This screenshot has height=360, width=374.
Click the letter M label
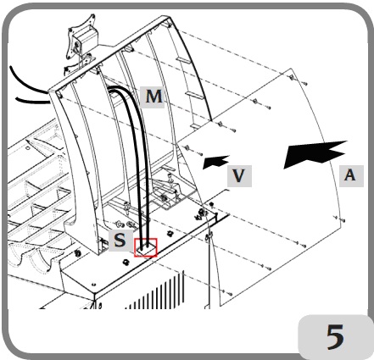click(153, 97)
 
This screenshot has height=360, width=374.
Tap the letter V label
click(239, 176)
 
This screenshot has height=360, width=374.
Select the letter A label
click(351, 176)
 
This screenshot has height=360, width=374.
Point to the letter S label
click(120, 240)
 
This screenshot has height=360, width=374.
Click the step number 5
click(336, 336)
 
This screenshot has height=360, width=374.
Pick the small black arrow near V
click(215, 162)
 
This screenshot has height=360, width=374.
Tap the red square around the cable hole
click(146, 247)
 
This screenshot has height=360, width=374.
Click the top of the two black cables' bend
click(116, 88)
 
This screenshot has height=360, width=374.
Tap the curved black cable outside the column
click(28, 82)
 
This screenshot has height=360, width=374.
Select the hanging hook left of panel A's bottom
click(209, 236)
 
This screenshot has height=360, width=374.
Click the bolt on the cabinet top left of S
click(77, 252)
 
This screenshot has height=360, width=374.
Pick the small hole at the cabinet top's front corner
click(94, 284)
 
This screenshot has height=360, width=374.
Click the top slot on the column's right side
click(182, 60)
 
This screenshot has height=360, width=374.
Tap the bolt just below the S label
click(125, 262)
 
